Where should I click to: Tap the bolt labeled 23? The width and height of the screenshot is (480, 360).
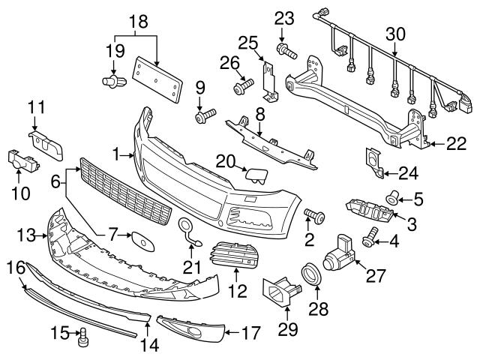point(286,51)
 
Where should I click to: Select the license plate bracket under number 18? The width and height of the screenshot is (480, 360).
point(158,75)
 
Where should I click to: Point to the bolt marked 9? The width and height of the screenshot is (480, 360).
point(204,116)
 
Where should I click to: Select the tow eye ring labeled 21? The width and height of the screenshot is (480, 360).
point(187,228)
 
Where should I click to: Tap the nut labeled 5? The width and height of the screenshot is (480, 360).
point(391,199)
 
